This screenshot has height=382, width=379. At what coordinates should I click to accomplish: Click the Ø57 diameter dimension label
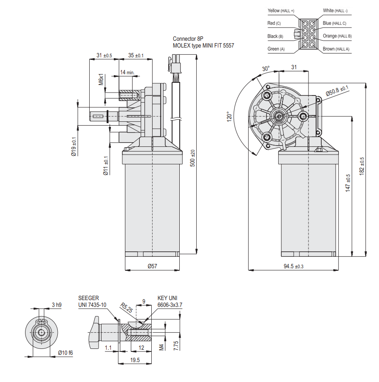[x=152, y=266]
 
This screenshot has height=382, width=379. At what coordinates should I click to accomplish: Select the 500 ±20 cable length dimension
[x=192, y=158]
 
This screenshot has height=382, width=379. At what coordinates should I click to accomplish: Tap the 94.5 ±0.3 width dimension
[x=294, y=266]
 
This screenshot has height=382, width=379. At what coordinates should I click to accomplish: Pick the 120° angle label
[x=228, y=117]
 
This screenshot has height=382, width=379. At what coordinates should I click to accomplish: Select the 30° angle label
[x=266, y=68]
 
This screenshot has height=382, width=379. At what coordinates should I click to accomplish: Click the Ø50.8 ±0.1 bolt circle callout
[x=337, y=90]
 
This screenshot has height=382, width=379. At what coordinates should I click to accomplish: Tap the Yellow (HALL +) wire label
[x=281, y=10]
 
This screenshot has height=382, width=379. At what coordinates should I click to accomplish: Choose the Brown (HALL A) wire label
[x=336, y=49]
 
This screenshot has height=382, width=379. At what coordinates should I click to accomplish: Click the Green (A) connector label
[x=276, y=49]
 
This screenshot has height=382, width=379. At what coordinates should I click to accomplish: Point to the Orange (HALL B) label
[x=337, y=36]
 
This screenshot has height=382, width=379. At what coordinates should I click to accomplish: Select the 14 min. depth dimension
[x=127, y=73]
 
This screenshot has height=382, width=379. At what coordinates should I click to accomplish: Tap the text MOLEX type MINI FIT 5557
[x=203, y=45]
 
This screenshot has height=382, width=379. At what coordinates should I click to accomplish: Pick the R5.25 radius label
[x=125, y=307]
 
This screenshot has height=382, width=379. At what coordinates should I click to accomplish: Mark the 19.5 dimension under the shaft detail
[x=135, y=360]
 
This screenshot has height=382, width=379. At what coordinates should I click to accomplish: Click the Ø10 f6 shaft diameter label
[x=65, y=353]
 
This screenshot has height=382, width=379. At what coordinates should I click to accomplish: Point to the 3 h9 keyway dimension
[x=57, y=304]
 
